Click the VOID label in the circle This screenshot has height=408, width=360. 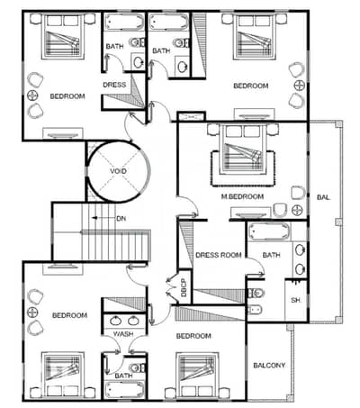coord(118,171)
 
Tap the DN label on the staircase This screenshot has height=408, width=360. coord(121,219)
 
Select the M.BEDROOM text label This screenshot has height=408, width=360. coord(242,196)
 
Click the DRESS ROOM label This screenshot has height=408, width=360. coord(219,255)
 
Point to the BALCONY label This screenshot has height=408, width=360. coord(269,366)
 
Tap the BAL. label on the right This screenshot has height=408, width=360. coord(324,197)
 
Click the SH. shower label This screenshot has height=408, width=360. coord(296,300)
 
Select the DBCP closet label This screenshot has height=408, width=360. coord(184,287)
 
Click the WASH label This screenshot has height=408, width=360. coord(123,334)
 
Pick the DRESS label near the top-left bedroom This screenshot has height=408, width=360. coord(114,85)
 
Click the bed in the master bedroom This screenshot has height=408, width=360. coord(243,149)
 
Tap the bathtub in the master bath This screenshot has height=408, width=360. coord(269,231)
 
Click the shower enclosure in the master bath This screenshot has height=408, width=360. coord(296,300)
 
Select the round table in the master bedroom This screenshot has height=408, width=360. coord(297,210)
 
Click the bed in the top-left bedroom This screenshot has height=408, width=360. coord(64,36)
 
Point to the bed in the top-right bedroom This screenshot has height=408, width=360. coord(255,36)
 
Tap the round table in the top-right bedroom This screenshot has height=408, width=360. coord(300,86)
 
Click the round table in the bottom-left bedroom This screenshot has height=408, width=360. coord(32,313)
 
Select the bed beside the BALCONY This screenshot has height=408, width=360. coord(196,376)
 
